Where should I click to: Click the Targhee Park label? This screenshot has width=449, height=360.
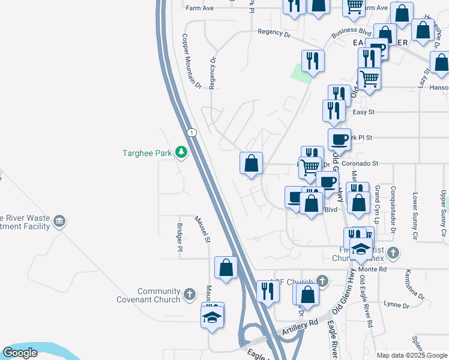(148, 153)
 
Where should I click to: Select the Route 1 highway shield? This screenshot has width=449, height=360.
(191, 132)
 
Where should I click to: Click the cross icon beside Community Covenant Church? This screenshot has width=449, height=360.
(190, 294)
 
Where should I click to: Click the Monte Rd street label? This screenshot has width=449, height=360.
(373, 270)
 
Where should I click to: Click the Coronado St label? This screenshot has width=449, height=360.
(360, 163)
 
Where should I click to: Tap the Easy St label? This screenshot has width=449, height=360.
(364, 112)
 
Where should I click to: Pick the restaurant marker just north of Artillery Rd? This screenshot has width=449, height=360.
(268, 290)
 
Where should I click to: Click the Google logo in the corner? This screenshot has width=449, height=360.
(20, 353)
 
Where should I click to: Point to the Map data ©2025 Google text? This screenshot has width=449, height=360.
(411, 355)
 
